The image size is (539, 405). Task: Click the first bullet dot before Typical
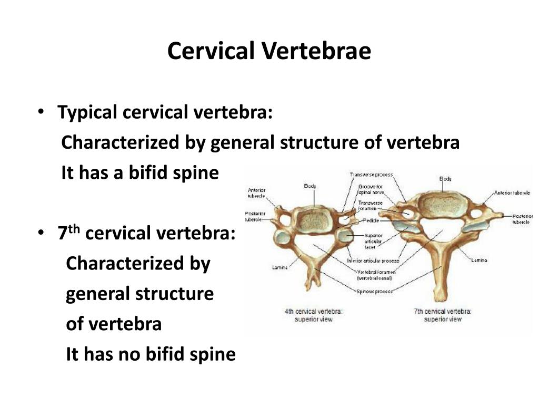click(41, 112)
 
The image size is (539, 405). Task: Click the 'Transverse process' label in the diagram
click(371, 175)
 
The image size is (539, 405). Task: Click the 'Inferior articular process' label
click(373, 261)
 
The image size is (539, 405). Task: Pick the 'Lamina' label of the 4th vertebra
click(280, 267)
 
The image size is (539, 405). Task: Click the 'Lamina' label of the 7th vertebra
click(479, 260)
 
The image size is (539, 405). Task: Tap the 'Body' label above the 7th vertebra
click(445, 179)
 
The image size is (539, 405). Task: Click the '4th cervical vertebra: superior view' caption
click(313, 315)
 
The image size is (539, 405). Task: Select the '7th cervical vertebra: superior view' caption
click(443, 315)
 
